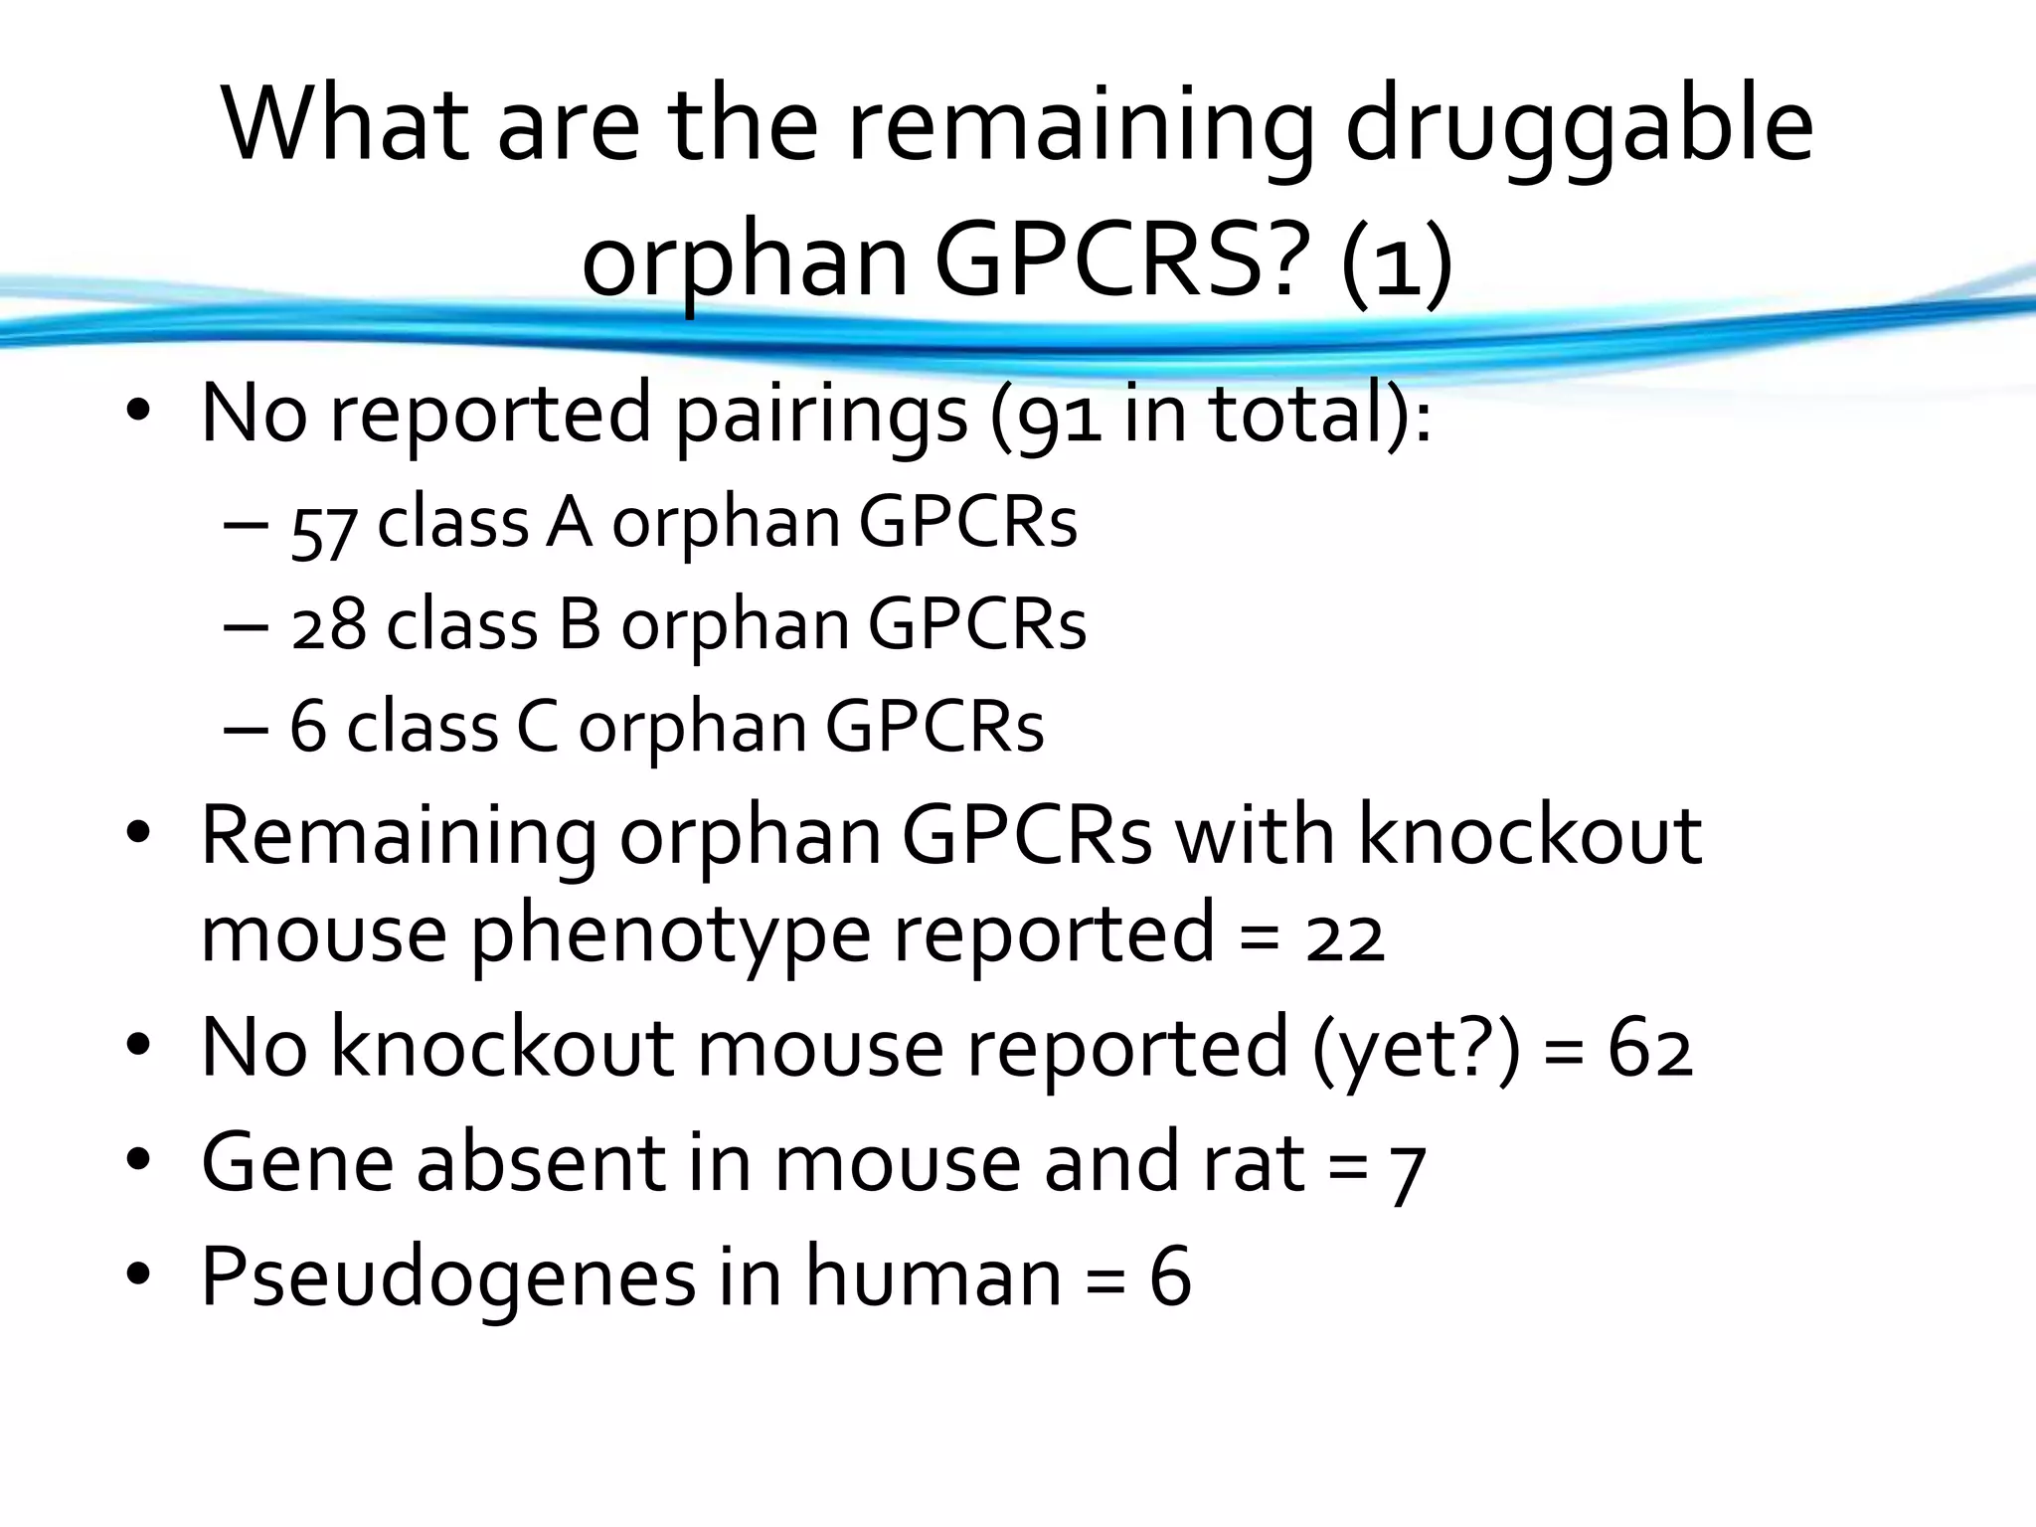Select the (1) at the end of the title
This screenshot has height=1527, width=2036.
(1397, 262)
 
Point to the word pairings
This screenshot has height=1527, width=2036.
(821, 415)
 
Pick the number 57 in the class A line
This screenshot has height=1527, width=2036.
(324, 528)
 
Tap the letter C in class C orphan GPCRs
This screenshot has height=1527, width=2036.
(537, 727)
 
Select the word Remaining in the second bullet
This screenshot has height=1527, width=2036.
(399, 837)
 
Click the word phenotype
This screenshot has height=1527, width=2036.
(671, 933)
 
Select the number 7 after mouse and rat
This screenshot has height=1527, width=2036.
(1407, 1167)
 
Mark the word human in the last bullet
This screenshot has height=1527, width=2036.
(933, 1275)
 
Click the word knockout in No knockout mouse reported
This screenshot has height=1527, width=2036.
(502, 1048)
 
